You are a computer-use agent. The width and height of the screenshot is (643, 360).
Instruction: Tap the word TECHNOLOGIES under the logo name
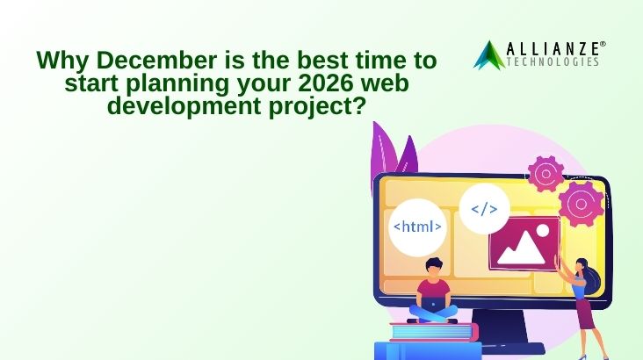click(x=558, y=62)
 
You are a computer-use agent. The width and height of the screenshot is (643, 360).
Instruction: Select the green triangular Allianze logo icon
click(x=488, y=54)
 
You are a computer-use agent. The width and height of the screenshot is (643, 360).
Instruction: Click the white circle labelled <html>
click(x=417, y=227)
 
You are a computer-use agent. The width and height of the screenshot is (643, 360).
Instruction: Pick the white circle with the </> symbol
click(x=484, y=209)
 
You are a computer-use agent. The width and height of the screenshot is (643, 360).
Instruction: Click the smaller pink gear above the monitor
click(x=545, y=173)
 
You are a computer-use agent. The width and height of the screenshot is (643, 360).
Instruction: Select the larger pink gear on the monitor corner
click(x=583, y=204)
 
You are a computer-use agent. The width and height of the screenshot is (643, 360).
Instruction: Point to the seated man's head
click(x=435, y=267)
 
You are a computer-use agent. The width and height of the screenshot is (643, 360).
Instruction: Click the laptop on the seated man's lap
click(x=435, y=305)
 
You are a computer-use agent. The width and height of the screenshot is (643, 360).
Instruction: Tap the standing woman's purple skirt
click(x=586, y=316)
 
